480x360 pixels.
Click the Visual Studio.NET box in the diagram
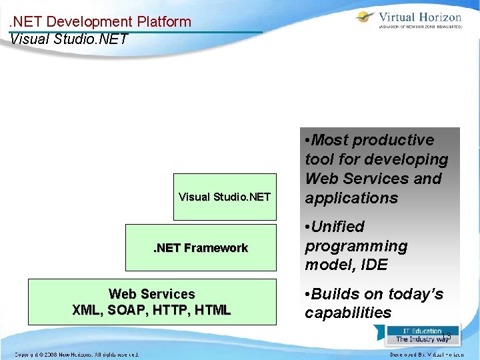[x=225, y=197]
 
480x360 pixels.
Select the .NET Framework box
[x=201, y=248]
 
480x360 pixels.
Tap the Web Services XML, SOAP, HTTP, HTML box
[x=152, y=302]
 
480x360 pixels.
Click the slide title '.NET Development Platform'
[x=101, y=21]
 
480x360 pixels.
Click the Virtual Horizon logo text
[x=419, y=17]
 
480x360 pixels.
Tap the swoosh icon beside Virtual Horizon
[x=365, y=18]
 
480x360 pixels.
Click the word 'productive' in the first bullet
[x=393, y=140]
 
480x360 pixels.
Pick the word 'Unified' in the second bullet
[x=338, y=227]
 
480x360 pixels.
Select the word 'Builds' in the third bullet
[x=335, y=294]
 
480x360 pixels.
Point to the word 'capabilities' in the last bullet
[x=348, y=313]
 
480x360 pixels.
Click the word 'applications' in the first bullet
[x=351, y=198]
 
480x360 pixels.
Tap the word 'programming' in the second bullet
[x=356, y=246]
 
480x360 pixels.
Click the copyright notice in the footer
[x=77, y=354]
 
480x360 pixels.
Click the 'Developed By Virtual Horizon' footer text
[x=427, y=354]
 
